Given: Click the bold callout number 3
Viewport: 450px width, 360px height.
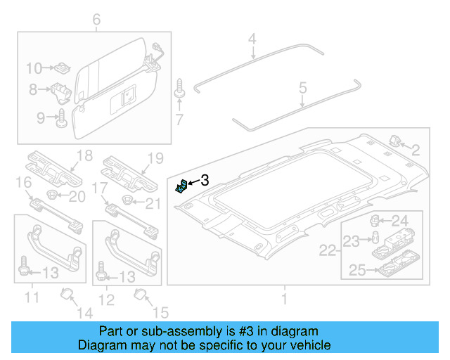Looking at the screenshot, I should (205, 181).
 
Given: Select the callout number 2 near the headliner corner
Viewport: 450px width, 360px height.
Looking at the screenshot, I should (415, 149).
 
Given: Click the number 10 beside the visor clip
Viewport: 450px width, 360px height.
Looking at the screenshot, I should (34, 68).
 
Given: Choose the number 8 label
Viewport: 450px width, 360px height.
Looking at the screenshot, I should (32, 90).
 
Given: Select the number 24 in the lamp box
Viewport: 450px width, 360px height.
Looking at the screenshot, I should (399, 221).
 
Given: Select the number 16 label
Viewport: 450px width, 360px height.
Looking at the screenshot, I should (23, 184).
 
